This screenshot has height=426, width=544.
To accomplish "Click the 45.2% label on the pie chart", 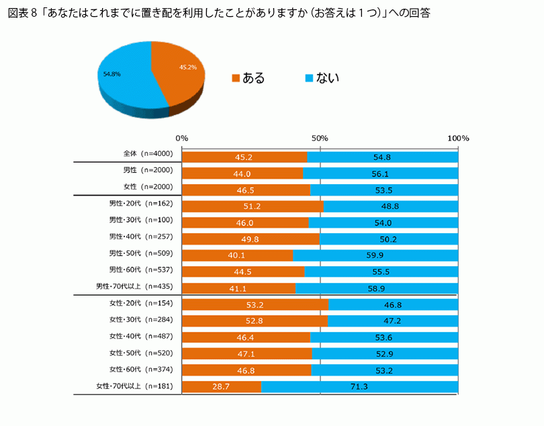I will pyautogui.click(x=187, y=67).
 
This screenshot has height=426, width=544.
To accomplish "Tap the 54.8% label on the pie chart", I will pyautogui.click(x=111, y=74).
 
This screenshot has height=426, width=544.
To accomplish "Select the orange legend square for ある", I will pyautogui.click(x=235, y=78).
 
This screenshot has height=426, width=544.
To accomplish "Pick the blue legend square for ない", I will pyautogui.click(x=310, y=78).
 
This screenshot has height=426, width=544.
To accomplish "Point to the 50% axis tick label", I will pyautogui.click(x=320, y=138).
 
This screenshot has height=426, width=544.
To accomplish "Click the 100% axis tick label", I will pyautogui.click(x=458, y=138).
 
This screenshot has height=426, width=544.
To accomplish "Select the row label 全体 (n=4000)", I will pyautogui.click(x=144, y=154).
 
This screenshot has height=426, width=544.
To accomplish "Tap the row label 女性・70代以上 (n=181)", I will pyautogui.click(x=134, y=386).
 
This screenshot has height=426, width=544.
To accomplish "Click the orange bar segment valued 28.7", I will pyautogui.click(x=222, y=386).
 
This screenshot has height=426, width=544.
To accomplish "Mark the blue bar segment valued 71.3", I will pyautogui.click(x=360, y=386).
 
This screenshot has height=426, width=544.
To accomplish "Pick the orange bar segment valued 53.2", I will pyautogui.click(x=255, y=304).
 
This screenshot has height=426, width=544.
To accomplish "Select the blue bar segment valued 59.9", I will pyautogui.click(x=375, y=255).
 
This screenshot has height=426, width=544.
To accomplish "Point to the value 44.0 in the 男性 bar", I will pyautogui.click(x=242, y=173).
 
